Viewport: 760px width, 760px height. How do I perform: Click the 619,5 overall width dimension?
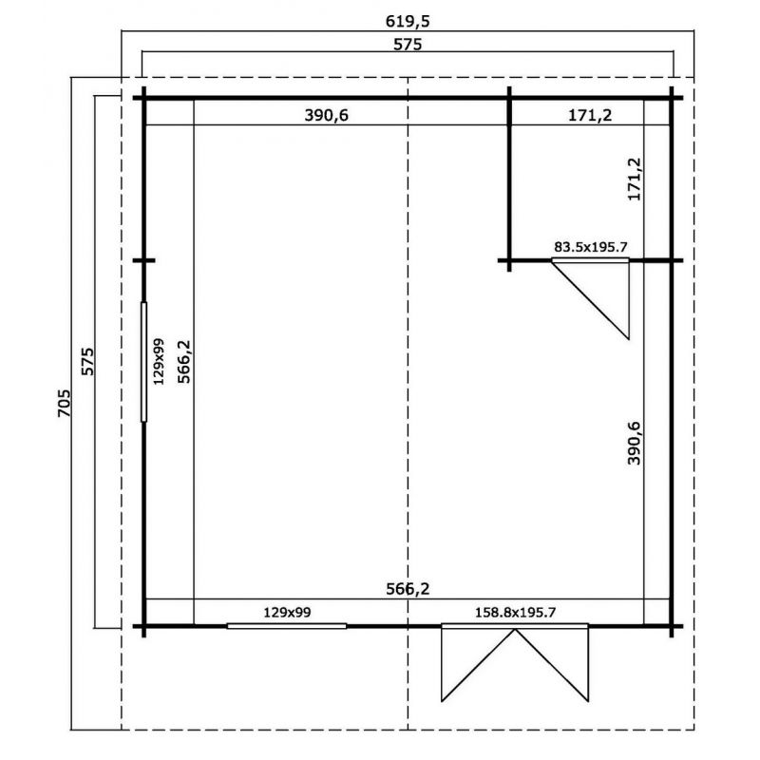[x=408, y=21]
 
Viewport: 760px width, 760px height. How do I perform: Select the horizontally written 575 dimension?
[x=408, y=45]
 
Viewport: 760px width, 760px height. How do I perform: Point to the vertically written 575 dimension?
[x=87, y=361]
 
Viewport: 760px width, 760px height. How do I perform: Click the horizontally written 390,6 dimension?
[x=326, y=115]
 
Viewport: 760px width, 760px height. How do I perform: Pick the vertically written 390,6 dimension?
[x=634, y=443]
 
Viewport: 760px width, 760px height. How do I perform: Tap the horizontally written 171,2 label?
[x=590, y=115]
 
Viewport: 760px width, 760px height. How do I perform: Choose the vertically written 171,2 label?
[x=634, y=179]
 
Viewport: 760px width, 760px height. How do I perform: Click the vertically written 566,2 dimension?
[x=184, y=362]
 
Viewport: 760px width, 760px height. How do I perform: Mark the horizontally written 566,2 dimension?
[x=408, y=589]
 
